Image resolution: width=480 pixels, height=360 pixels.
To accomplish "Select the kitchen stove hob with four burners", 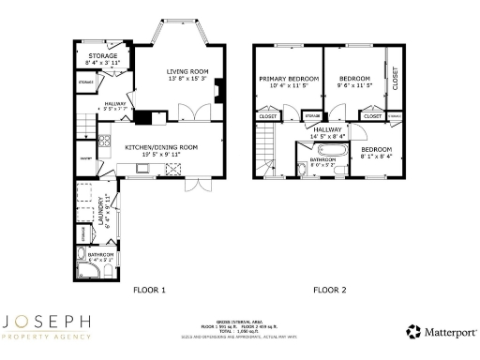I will point(173,169).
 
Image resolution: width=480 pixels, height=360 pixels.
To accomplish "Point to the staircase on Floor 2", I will point(266,148).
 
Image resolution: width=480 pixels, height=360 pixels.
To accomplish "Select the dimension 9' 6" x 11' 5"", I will point(354,85).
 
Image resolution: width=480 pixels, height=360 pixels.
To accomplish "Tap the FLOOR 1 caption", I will point(149,290).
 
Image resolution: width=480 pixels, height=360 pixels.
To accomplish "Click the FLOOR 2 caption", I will point(329,290).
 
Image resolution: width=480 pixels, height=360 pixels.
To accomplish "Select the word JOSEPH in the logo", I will point(48,323).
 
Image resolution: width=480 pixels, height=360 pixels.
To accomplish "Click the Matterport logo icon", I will point(412,331).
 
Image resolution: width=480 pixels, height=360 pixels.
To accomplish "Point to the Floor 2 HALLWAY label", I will point(328,129).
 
